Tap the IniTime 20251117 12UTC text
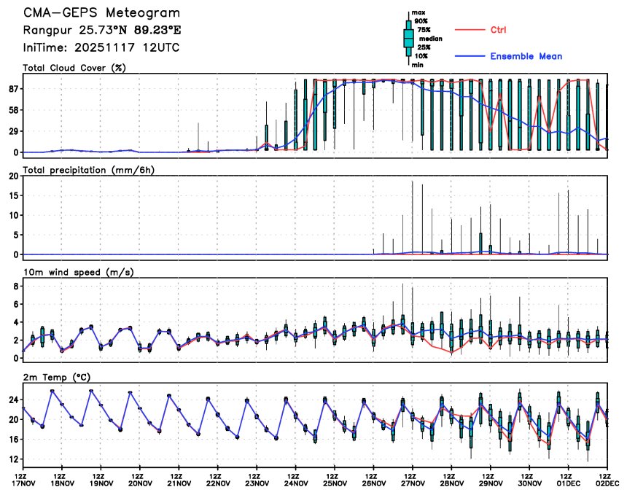101,47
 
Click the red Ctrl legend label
499,30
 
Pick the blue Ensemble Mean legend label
526,56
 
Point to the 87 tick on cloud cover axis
12,89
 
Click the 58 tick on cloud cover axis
12,110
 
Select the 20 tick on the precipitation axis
12,176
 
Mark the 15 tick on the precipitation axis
12,195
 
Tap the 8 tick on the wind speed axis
15,287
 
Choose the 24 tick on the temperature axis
12,399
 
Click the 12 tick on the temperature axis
12,459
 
